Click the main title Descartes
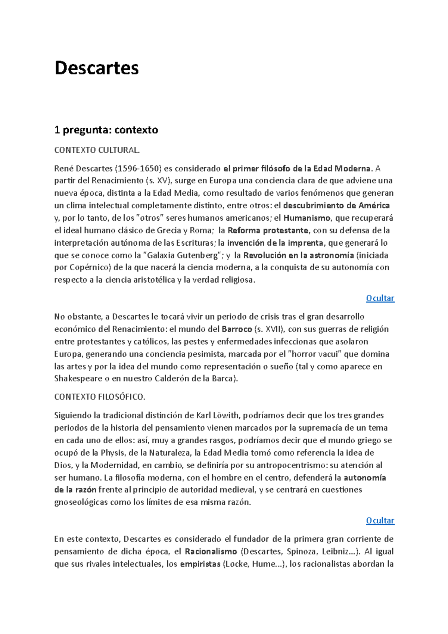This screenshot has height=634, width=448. click(x=96, y=68)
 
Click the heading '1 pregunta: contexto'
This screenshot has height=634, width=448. click(x=106, y=130)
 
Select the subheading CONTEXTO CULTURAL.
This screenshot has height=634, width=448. click(x=97, y=150)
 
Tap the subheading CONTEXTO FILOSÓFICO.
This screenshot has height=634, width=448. click(x=100, y=397)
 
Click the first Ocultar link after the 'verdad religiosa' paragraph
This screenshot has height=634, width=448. click(x=380, y=298)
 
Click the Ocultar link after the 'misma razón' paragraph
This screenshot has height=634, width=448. click(x=380, y=520)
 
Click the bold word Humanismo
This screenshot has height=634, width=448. click(x=307, y=218)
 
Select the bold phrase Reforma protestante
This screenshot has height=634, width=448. click(x=268, y=230)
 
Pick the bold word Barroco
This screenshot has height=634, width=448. click(x=237, y=329)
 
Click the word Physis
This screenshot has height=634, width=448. click(x=112, y=453)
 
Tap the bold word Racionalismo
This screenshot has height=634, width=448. click(x=211, y=551)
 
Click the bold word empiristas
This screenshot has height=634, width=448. click(x=200, y=564)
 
